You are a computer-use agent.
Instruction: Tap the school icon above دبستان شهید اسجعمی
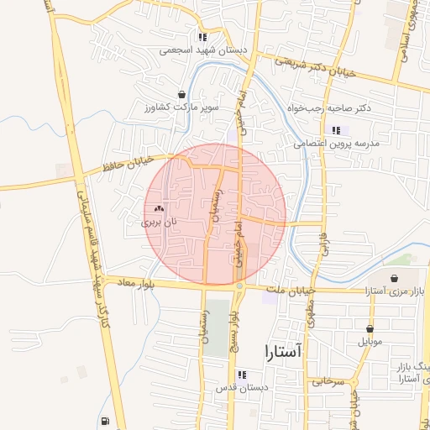tap(202, 37)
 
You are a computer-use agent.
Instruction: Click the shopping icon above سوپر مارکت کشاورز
tap(181, 95)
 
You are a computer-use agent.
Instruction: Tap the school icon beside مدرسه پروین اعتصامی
tap(337, 130)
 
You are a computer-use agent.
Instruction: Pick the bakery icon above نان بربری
tap(160, 208)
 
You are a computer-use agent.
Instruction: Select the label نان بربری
tap(160, 223)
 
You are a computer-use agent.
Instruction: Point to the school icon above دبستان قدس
tap(242, 375)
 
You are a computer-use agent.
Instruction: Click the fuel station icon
tap(102, 422)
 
